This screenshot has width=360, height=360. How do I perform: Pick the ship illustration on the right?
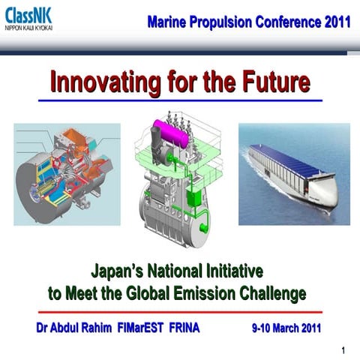tap(294, 174)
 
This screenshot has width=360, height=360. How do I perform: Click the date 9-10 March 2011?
tap(286, 328)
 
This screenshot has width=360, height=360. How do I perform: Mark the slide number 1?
tap(342, 349)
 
